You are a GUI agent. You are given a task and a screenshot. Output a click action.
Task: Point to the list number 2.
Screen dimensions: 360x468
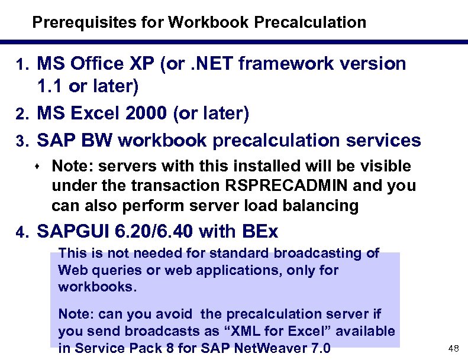click(x=22, y=114)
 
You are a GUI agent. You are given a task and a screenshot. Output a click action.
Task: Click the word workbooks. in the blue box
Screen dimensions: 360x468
click(x=97, y=287)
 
